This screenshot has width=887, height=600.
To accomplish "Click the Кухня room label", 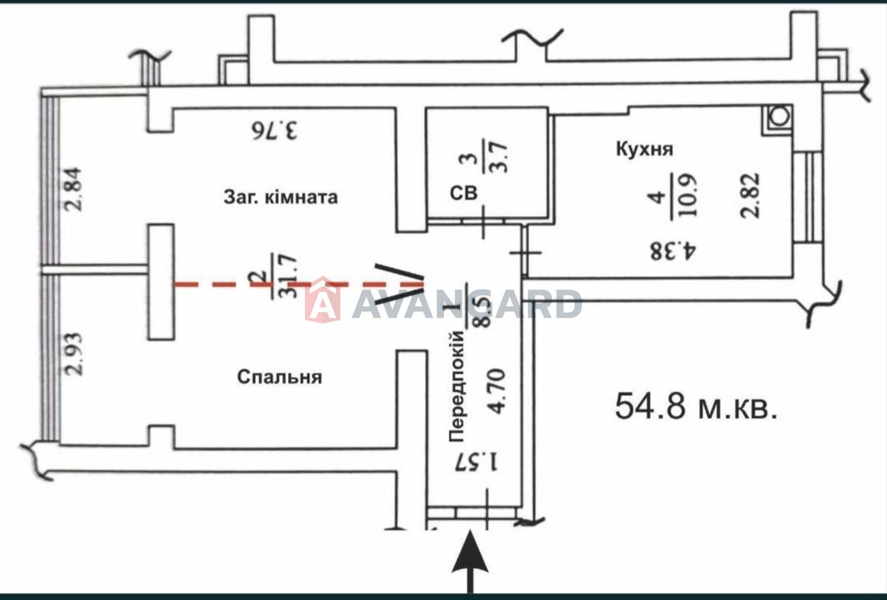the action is pyautogui.click(x=645, y=149).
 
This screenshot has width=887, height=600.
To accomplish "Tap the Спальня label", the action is pyautogui.click(x=279, y=377).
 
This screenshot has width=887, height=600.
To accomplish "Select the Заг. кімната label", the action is pyautogui.click(x=281, y=197).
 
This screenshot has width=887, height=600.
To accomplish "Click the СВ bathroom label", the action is pyautogui.click(x=463, y=193).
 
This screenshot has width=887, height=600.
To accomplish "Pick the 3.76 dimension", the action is pyautogui.click(x=274, y=130).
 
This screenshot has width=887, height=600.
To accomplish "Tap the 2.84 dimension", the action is pyautogui.click(x=74, y=189).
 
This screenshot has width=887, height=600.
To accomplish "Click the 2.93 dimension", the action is pyautogui.click(x=74, y=354).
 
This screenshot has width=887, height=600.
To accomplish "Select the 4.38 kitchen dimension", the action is pyautogui.click(x=673, y=251).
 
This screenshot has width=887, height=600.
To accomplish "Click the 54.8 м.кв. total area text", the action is pyautogui.click(x=696, y=406).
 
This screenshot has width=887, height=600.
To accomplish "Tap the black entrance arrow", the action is pyautogui.click(x=470, y=563).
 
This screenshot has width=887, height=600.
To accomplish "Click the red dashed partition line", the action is pyautogui.click(x=300, y=284).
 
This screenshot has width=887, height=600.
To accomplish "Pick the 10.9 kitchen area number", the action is pyautogui.click(x=689, y=195).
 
